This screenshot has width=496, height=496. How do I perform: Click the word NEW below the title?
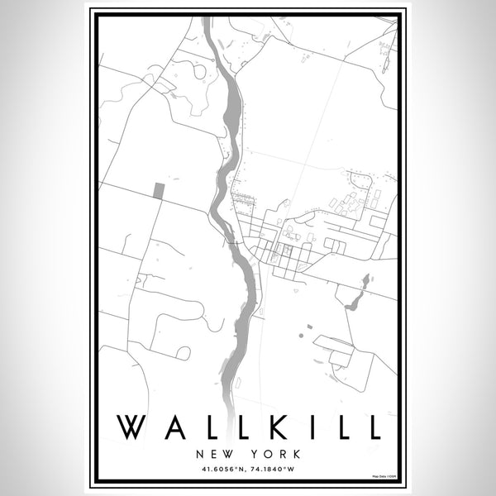pyautogui.click(x=213, y=454)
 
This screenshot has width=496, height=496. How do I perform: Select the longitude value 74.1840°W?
pyautogui.click(x=282, y=470)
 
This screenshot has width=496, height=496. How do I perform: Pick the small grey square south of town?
pyautogui.click(x=309, y=327)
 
